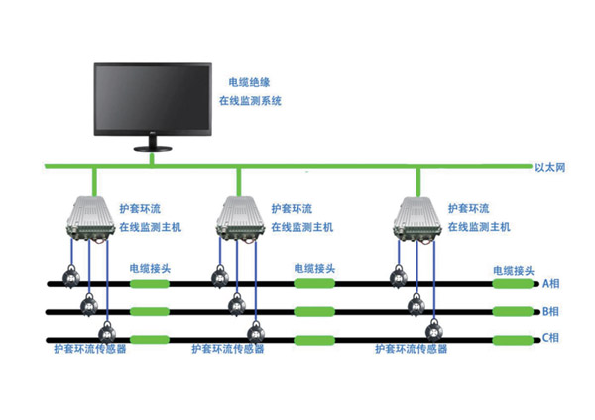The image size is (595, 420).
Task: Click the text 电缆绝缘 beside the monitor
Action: (248, 83)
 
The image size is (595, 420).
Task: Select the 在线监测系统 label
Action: (256, 101)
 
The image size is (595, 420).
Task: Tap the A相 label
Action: (551, 283)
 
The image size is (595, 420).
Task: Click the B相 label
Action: (551, 311)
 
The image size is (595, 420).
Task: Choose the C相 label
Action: (551, 339)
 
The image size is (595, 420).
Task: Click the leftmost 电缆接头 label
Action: (150, 268)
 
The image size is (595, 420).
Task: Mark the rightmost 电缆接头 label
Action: (514, 269)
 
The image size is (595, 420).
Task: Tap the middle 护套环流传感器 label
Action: (228, 349)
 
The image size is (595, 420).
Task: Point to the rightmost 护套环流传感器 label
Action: (411, 349)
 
